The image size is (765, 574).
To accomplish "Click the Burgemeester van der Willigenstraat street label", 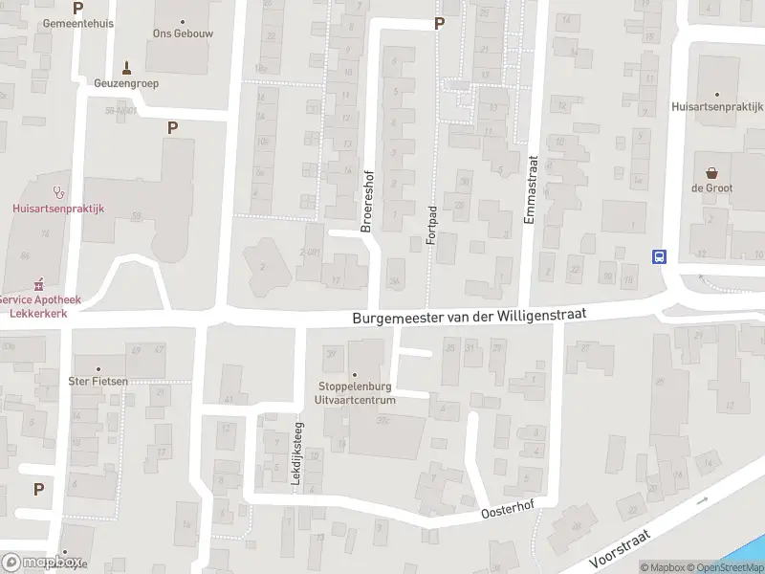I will [468, 315].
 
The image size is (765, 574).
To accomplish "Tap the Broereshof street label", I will [365, 202].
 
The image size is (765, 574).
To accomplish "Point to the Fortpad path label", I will [431, 226].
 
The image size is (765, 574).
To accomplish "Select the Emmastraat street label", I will [531, 191].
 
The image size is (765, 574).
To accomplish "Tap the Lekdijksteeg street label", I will [297, 457].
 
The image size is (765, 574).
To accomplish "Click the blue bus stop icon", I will [659, 255].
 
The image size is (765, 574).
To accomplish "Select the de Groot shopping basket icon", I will [711, 173].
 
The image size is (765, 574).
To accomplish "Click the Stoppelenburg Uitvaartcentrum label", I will [357, 393].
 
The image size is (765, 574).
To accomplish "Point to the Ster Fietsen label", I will [98, 381].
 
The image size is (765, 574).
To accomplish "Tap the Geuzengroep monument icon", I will [126, 67].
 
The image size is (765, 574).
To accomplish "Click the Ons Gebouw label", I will [182, 33].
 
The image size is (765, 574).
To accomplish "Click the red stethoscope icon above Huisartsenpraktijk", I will [58, 190].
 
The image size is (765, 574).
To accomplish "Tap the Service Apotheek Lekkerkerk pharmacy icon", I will [39, 284].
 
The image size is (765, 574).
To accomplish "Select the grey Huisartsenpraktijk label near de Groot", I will [716, 107].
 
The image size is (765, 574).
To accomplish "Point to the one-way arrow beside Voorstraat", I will [704, 499].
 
